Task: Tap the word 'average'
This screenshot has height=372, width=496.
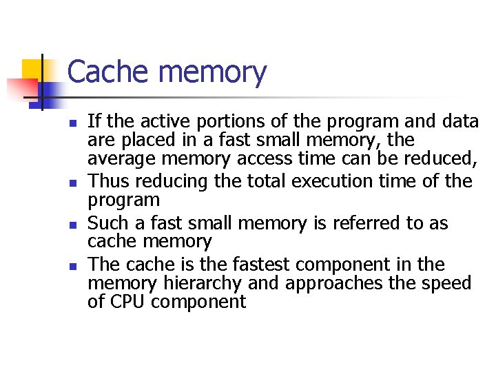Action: click(123, 160)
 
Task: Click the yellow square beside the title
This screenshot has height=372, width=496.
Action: click(32, 70)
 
